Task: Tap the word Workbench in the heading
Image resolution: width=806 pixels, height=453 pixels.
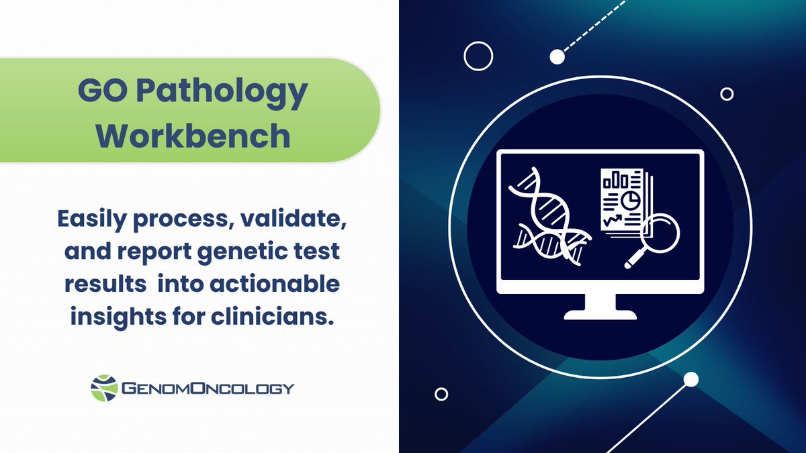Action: pyautogui.click(x=193, y=135)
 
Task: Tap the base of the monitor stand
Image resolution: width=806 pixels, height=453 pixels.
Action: pyautogui.click(x=600, y=313)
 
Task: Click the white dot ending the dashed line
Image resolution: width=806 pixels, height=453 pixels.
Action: pyautogui.click(x=557, y=57)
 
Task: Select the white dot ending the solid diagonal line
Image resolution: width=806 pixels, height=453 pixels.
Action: pyautogui.click(x=691, y=381)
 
